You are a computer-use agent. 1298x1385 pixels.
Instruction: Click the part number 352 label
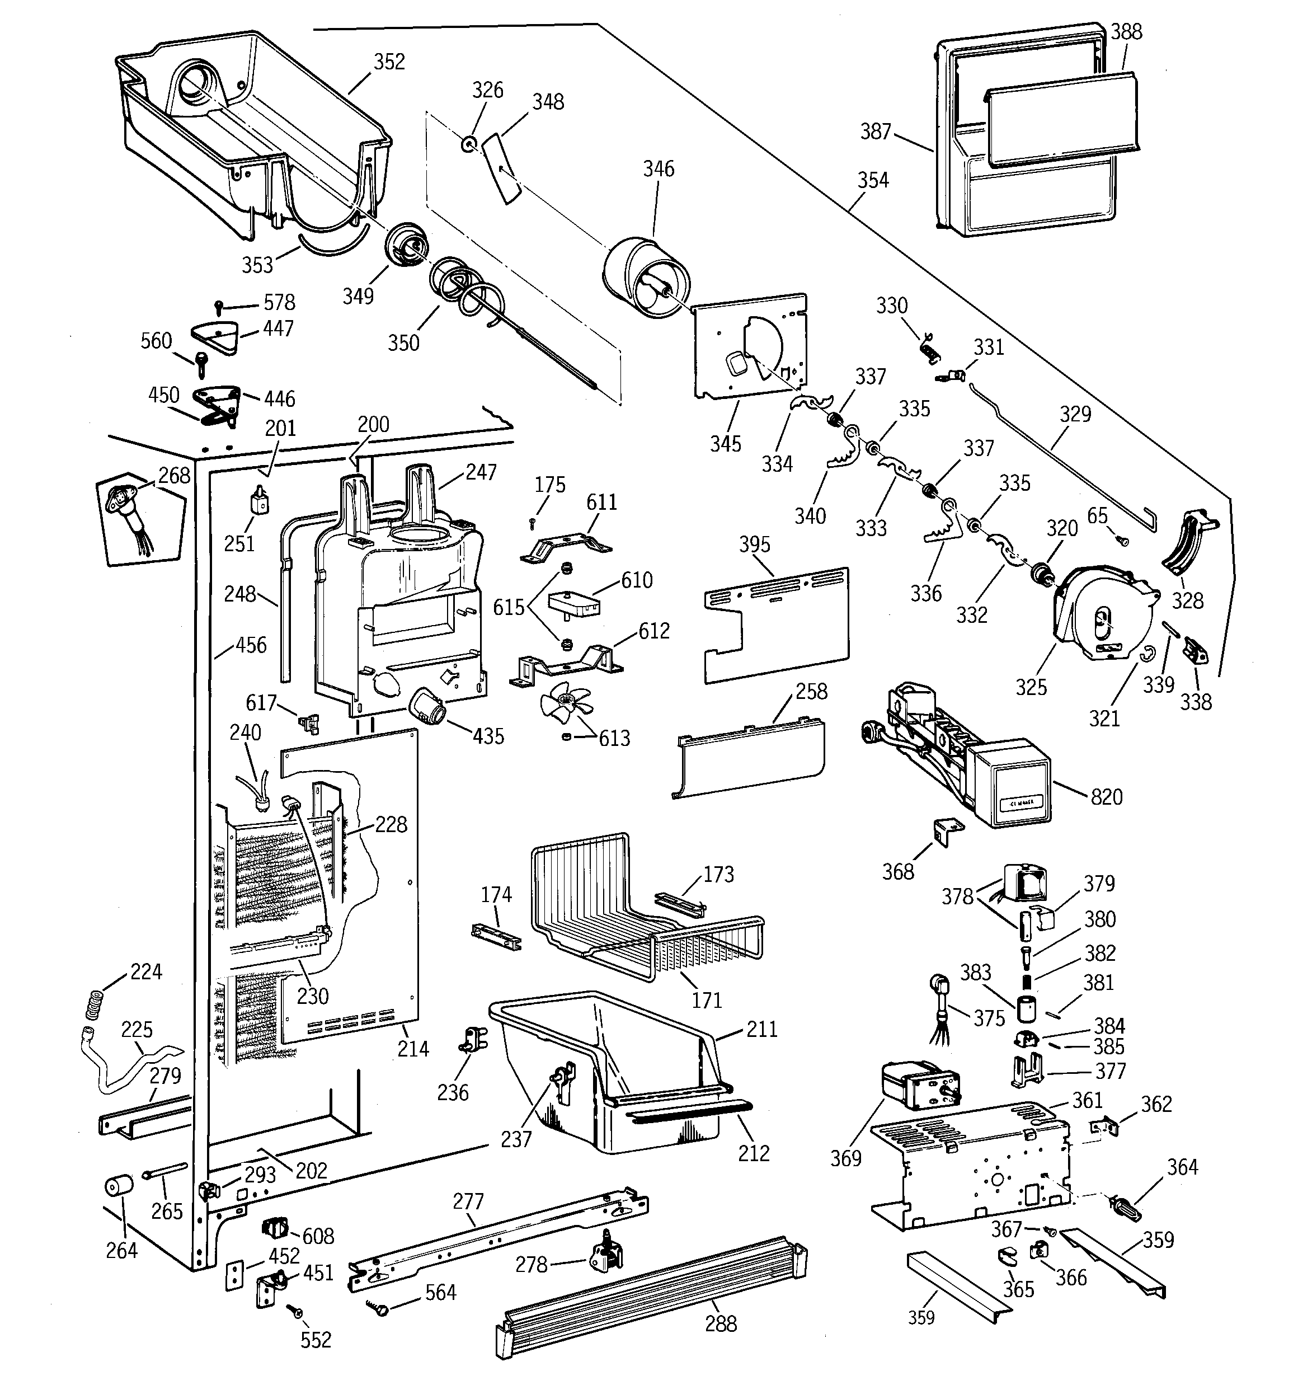(389, 62)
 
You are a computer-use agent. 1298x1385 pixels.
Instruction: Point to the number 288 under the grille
(721, 1323)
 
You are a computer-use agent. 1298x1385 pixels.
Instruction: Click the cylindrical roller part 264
(119, 1186)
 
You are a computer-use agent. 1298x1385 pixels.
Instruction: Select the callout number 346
(659, 168)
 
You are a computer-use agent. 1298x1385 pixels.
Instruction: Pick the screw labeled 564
(381, 1308)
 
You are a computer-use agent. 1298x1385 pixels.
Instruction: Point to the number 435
(488, 736)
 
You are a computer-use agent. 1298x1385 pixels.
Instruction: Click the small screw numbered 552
(298, 1312)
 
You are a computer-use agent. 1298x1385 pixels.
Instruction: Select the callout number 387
(876, 131)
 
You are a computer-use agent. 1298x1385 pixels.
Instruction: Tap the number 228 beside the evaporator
(391, 824)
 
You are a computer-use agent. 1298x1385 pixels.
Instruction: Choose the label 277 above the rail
(468, 1201)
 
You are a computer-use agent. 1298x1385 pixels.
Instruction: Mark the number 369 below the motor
(846, 1158)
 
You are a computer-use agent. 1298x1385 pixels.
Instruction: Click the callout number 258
(811, 691)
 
